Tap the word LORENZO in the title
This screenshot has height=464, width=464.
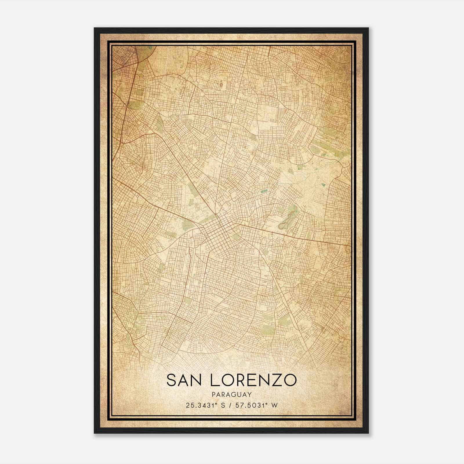tap(252, 380)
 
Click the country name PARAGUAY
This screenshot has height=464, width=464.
tap(231, 395)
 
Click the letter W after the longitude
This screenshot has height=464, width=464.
tap(275, 405)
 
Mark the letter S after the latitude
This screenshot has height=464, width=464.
tap(224, 405)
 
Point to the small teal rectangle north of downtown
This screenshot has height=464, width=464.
tap(264, 191)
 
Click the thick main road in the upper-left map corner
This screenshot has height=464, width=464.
tap(128, 96)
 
